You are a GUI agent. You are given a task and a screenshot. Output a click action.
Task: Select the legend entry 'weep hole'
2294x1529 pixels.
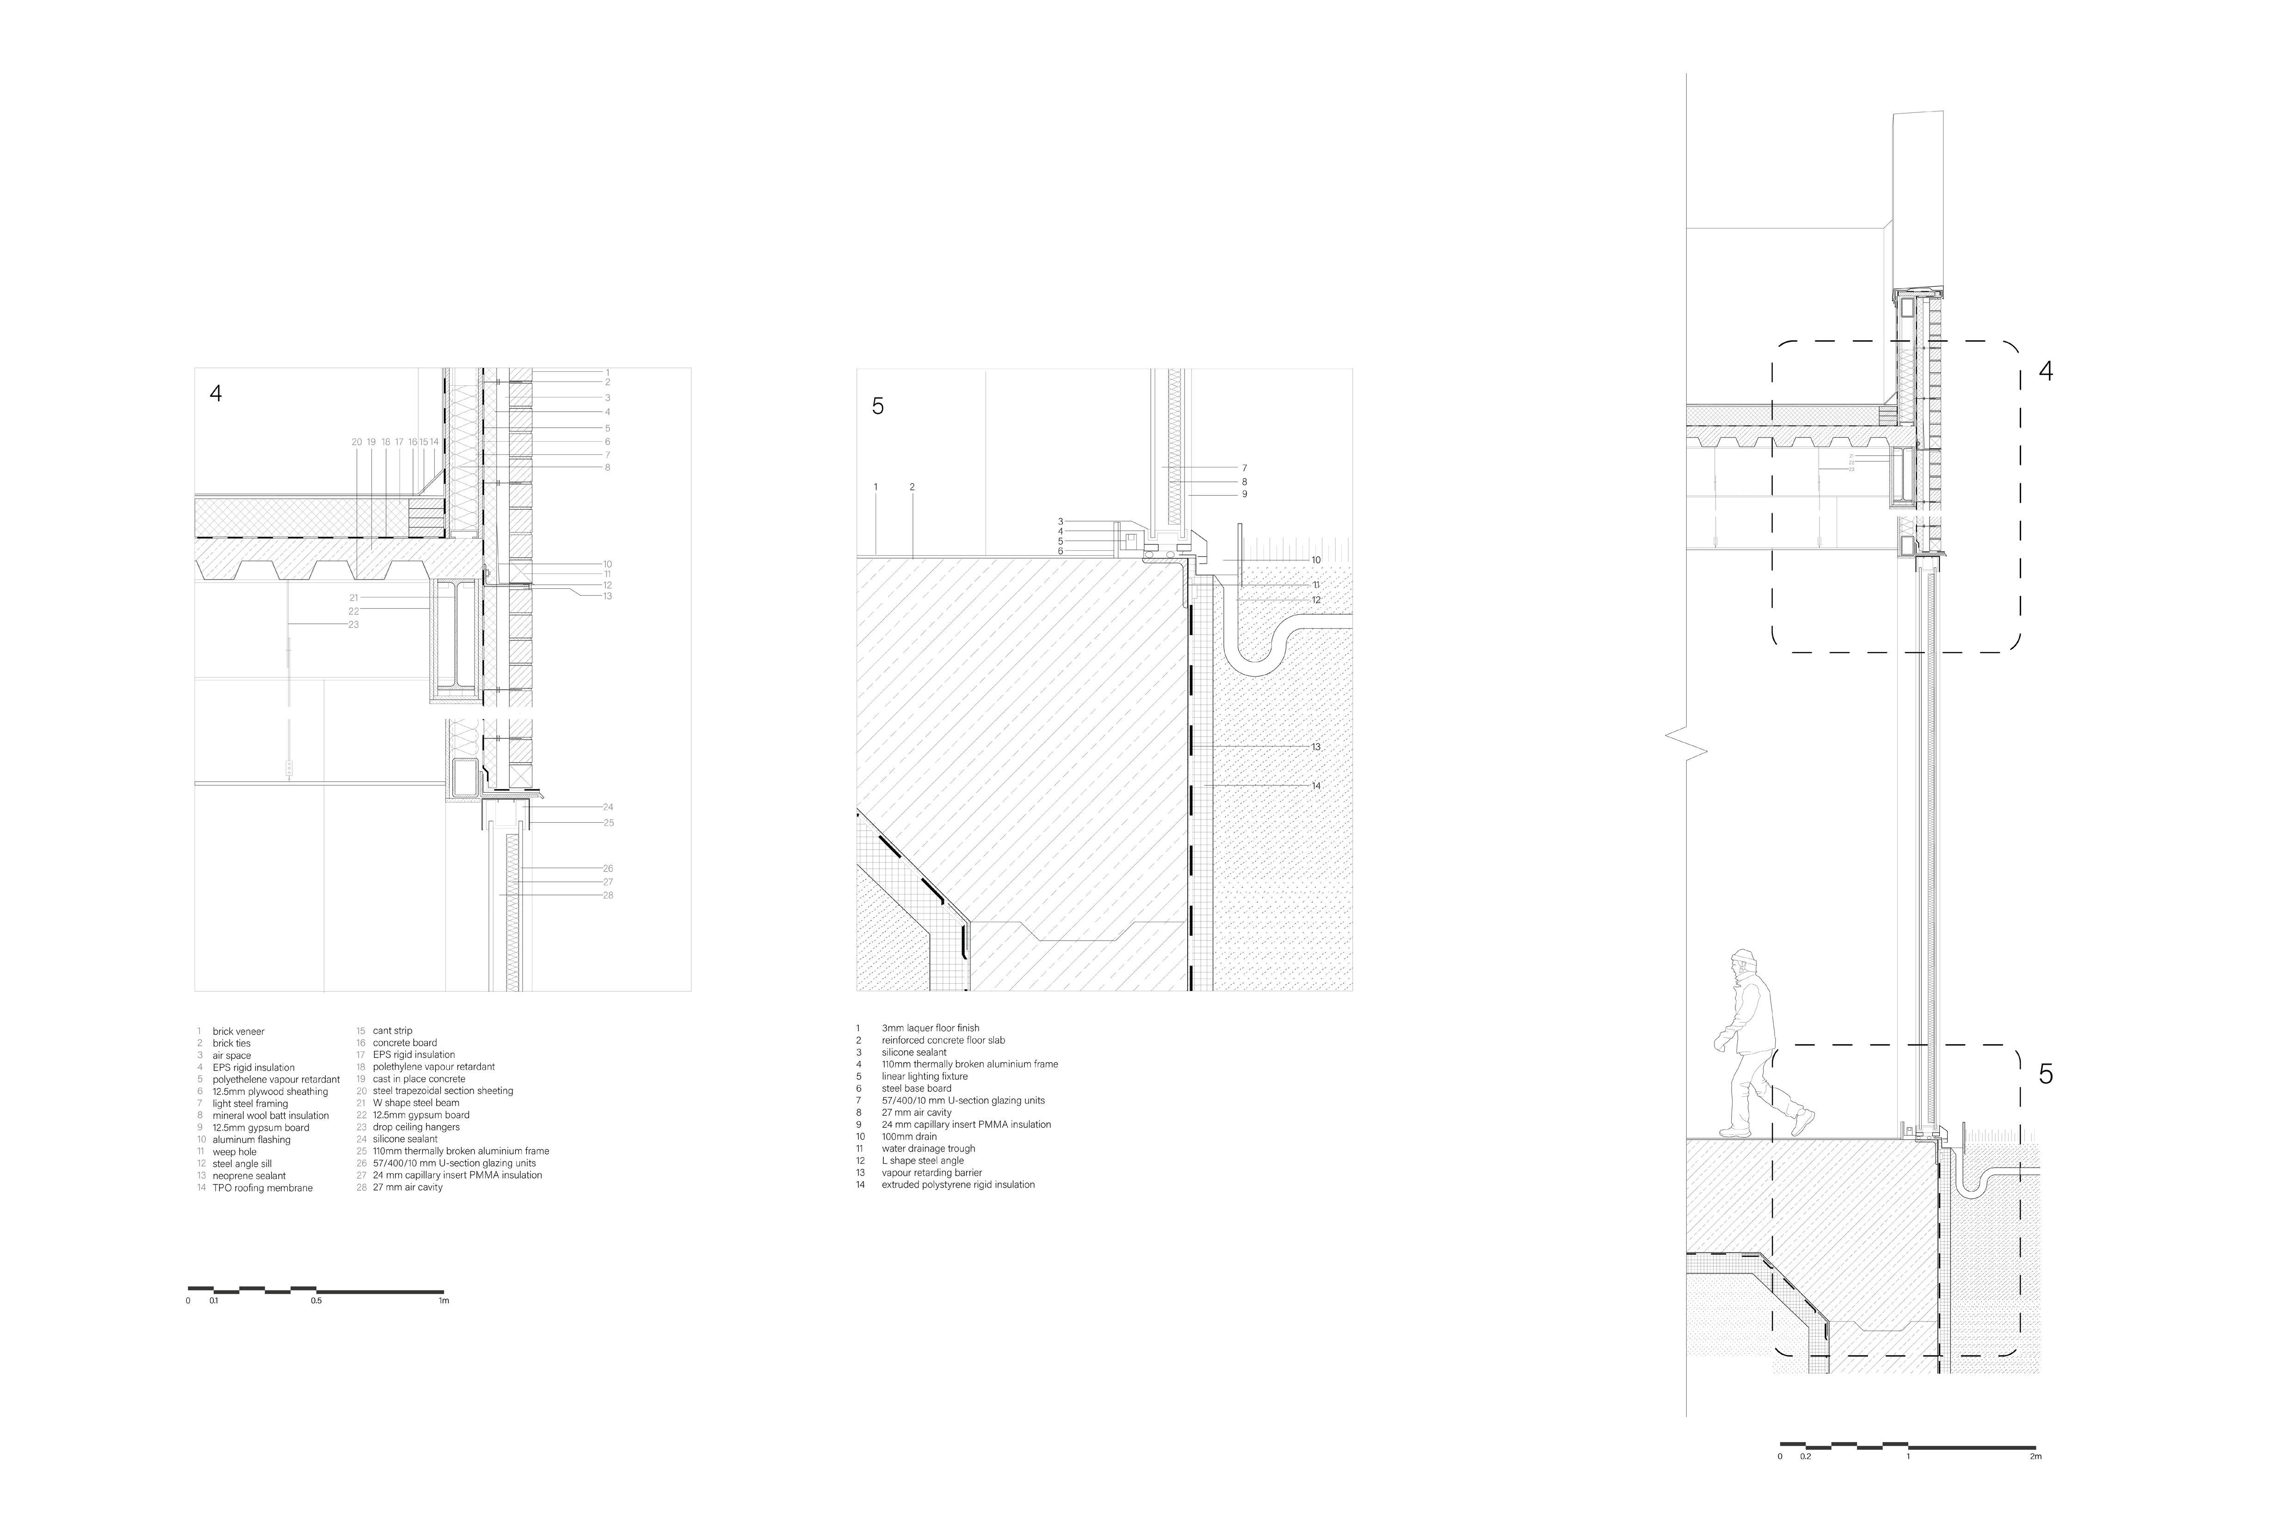234,1152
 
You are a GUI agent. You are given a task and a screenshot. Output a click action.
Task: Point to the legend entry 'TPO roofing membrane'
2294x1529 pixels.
262,1188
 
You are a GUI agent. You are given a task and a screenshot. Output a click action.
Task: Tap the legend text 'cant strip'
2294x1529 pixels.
392,1031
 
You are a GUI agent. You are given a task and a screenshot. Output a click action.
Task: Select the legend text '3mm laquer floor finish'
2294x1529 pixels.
930,1028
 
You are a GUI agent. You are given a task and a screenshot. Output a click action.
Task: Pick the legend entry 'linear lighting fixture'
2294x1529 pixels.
924,1077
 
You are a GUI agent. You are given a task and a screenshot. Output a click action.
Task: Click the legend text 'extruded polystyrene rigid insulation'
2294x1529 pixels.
957,1185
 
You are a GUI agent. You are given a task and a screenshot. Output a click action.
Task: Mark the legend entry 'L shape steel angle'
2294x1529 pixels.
922,1160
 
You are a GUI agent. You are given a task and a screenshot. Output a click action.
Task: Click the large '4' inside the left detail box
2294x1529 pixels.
216,394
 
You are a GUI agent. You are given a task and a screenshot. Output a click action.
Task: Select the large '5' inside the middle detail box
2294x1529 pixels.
877,407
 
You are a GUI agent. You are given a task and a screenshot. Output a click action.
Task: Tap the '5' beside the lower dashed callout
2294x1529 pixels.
2045,1074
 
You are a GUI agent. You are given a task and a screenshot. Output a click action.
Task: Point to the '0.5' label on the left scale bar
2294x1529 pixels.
316,1301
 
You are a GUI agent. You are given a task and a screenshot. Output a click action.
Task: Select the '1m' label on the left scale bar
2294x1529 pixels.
444,1301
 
